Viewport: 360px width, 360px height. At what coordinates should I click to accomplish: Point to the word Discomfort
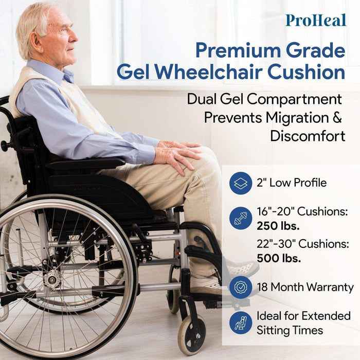(x=306, y=136)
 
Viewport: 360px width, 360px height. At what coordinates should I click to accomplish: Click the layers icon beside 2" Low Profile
(x=241, y=183)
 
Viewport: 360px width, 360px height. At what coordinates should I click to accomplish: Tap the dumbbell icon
(x=241, y=218)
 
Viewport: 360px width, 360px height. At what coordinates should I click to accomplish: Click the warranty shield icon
(x=241, y=287)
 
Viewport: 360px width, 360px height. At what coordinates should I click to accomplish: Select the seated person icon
(x=241, y=322)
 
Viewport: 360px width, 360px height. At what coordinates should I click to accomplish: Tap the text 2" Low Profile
(x=291, y=183)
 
